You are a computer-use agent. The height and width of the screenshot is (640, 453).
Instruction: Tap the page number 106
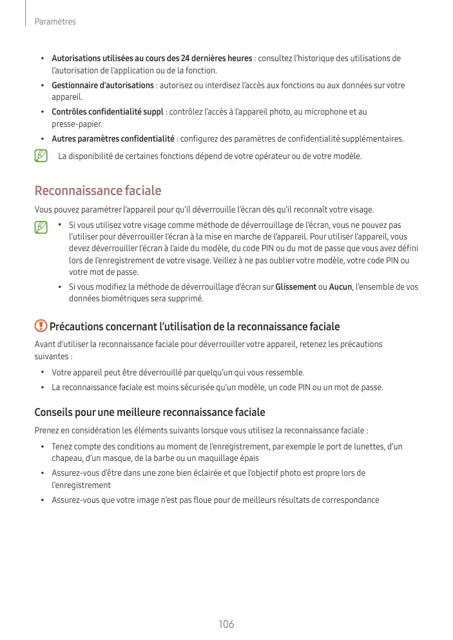226,624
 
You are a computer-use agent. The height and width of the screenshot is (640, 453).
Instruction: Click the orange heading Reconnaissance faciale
97,191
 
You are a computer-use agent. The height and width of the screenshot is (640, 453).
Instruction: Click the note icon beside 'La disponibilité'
41,156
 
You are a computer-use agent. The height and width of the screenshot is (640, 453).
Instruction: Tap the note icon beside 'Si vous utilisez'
41,227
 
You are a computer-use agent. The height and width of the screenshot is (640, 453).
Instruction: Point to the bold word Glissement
295,287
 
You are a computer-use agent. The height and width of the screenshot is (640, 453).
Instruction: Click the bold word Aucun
340,287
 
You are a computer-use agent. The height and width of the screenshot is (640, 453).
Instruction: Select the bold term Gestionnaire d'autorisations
102,86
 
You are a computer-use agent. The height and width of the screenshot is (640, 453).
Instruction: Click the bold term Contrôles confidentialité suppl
108,112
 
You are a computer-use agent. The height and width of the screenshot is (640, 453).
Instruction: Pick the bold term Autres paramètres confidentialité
113,138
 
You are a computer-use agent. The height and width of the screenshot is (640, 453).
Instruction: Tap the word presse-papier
77,124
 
